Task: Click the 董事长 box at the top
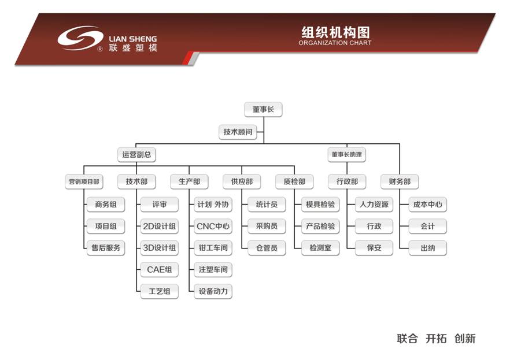coord(263,109)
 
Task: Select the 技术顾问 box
coord(238,132)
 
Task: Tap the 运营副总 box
coord(136,154)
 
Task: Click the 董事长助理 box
coord(348,154)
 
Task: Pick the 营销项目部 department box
coord(84,181)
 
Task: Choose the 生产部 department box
coord(189,181)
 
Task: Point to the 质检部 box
coord(294,181)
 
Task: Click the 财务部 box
coord(400,181)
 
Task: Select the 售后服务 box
coord(106,248)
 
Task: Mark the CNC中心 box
coord(213,226)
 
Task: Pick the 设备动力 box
coord(213,291)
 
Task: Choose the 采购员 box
coord(267,226)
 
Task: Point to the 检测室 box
coord(320,248)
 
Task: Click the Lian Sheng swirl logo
coord(80,39)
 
